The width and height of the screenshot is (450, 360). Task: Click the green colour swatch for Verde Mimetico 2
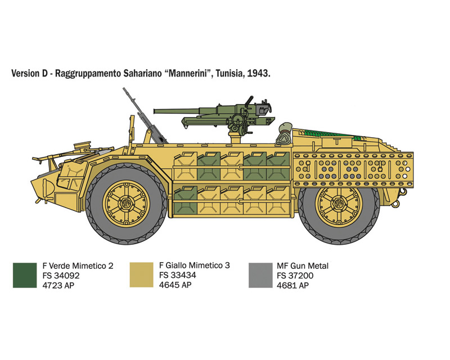(x=25, y=275)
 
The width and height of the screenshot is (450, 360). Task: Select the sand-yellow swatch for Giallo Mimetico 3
(x=142, y=274)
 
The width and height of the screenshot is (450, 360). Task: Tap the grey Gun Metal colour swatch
(x=260, y=275)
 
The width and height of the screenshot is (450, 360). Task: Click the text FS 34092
(x=61, y=276)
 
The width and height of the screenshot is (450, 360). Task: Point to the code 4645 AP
(x=175, y=285)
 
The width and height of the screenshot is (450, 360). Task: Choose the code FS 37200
(x=295, y=276)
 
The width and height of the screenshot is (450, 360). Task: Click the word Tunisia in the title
(x=229, y=74)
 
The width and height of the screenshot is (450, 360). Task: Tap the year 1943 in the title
(x=258, y=74)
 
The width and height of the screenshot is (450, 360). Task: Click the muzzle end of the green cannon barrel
(x=155, y=111)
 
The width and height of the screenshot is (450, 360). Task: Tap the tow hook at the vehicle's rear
(x=397, y=203)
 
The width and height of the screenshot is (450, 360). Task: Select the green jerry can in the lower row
(x=186, y=200)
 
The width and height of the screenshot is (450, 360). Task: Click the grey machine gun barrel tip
(x=124, y=89)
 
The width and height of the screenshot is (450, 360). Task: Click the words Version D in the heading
(x=29, y=74)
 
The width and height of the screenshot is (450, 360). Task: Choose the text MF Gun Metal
(x=303, y=266)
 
